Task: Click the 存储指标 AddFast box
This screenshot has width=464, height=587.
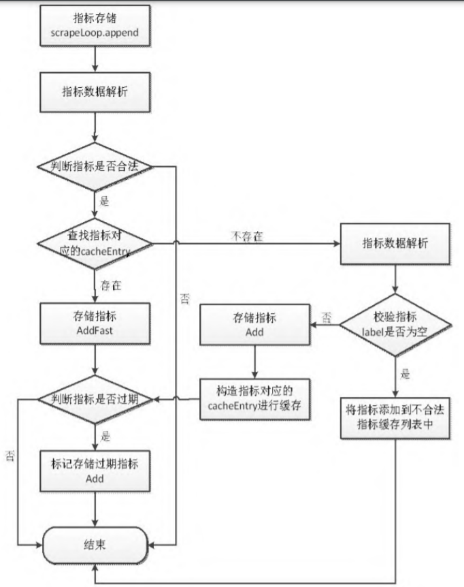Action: tap(95, 323)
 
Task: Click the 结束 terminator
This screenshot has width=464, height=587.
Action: tap(95, 545)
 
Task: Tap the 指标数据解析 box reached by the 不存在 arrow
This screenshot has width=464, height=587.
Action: tap(395, 243)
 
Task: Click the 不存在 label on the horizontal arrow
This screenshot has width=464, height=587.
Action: tap(248, 236)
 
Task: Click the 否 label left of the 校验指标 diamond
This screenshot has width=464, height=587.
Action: tap(326, 317)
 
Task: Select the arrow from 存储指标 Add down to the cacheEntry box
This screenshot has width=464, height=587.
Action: tap(254, 360)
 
